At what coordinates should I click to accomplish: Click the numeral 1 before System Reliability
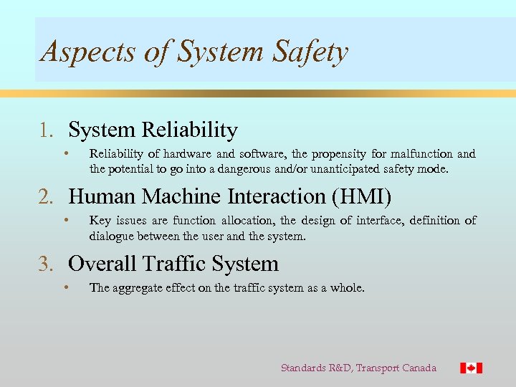click(x=45, y=130)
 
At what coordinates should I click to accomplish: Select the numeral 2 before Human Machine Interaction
click(x=45, y=196)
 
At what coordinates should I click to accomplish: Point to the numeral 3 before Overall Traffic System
click(x=45, y=264)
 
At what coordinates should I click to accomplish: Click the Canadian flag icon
click(x=471, y=368)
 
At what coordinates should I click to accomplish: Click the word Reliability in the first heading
click(x=190, y=130)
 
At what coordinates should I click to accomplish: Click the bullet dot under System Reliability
click(x=65, y=153)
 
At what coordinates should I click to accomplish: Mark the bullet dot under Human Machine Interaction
click(x=65, y=220)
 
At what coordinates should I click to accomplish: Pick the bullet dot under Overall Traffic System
click(x=65, y=287)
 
